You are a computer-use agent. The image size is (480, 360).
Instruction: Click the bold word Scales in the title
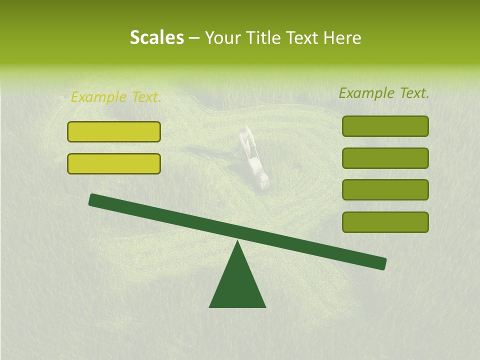click(x=156, y=38)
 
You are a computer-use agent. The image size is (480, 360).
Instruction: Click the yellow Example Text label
click(x=116, y=97)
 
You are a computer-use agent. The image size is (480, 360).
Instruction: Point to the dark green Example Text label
click(x=384, y=93)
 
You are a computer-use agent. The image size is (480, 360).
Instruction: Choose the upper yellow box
click(x=114, y=132)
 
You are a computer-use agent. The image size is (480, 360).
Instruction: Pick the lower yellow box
click(x=114, y=163)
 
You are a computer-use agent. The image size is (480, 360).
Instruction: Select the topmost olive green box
click(x=385, y=126)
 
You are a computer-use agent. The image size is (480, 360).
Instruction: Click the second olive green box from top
click(x=385, y=158)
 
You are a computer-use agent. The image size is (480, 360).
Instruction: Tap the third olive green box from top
click(x=385, y=189)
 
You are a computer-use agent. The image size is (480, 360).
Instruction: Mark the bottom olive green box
click(x=385, y=222)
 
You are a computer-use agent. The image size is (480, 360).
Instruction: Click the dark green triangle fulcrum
click(x=237, y=285)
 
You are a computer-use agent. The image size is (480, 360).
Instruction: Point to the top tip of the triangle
click(x=237, y=242)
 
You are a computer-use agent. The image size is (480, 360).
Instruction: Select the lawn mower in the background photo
click(x=260, y=172)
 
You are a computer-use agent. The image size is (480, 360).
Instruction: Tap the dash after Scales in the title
click(x=194, y=38)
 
